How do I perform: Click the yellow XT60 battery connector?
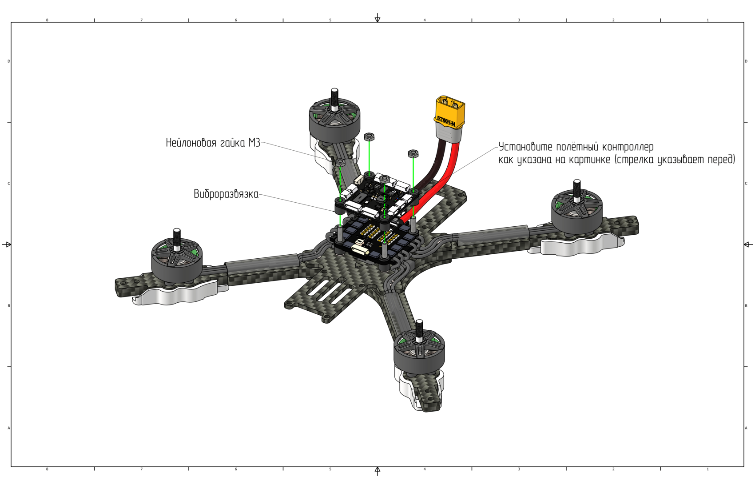point(450,111)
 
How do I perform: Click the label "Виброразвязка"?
point(226,194)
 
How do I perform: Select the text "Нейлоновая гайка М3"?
point(213,143)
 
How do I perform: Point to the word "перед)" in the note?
point(720,159)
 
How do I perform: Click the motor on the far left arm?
point(177,260)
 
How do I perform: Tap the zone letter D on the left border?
point(9,61)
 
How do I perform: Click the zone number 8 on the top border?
point(47,20)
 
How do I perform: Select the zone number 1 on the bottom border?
point(707,469)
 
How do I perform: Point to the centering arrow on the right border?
point(748,244)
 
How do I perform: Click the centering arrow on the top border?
point(377,18)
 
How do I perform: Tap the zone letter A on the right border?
point(746,428)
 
